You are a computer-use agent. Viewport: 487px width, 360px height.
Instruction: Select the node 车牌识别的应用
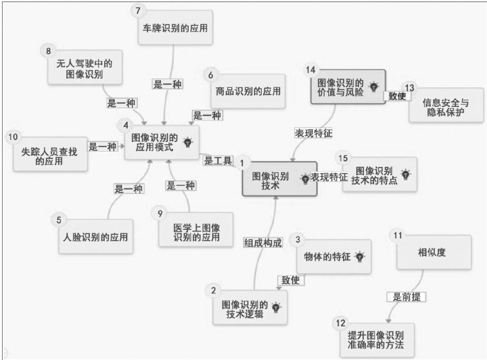point(175,27)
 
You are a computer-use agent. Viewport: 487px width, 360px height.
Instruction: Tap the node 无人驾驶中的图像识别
point(85,68)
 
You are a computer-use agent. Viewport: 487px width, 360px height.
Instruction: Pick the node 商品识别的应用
point(246,92)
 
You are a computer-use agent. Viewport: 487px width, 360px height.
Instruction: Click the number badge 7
point(136,9)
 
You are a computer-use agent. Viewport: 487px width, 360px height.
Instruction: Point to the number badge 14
point(311,69)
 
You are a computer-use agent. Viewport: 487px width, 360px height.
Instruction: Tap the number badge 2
point(213,291)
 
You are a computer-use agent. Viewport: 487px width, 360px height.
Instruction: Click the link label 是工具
point(218,161)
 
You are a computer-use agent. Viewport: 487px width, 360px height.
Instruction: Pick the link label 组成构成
point(262,244)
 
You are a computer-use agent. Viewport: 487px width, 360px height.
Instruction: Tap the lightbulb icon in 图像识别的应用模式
point(187,142)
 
